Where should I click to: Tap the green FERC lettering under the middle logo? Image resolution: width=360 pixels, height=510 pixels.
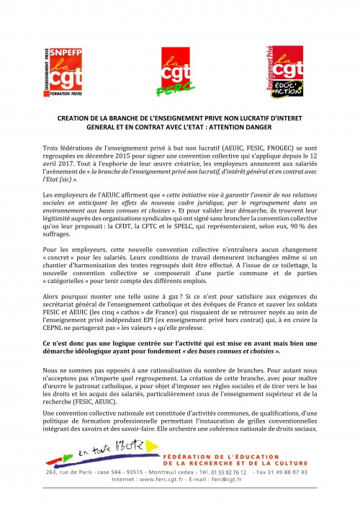pyautogui.click(x=166, y=89)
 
